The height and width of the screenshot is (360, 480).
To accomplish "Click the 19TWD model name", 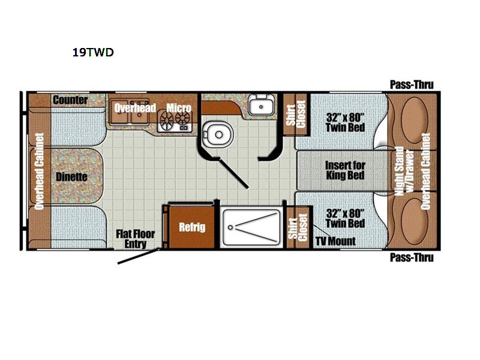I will coord(92,52).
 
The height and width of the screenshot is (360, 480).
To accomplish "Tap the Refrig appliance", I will coord(191,227).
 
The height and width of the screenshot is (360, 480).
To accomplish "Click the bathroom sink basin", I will coord(261,106).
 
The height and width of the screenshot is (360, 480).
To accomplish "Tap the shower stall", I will coord(251,227).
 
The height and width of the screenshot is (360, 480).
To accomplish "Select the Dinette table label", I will coord(72,176).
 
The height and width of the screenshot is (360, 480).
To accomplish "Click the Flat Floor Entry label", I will coord(135,238).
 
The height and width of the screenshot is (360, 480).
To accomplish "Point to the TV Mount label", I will coord(335,241).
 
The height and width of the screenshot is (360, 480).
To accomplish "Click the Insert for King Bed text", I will coord(344,170).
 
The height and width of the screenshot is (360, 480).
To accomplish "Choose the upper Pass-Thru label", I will coord(411,85).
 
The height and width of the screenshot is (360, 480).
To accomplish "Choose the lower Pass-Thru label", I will coord(411,257).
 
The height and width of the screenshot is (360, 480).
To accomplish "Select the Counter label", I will coord(70,100).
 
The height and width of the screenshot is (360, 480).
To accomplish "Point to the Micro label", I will coord(179,108).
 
